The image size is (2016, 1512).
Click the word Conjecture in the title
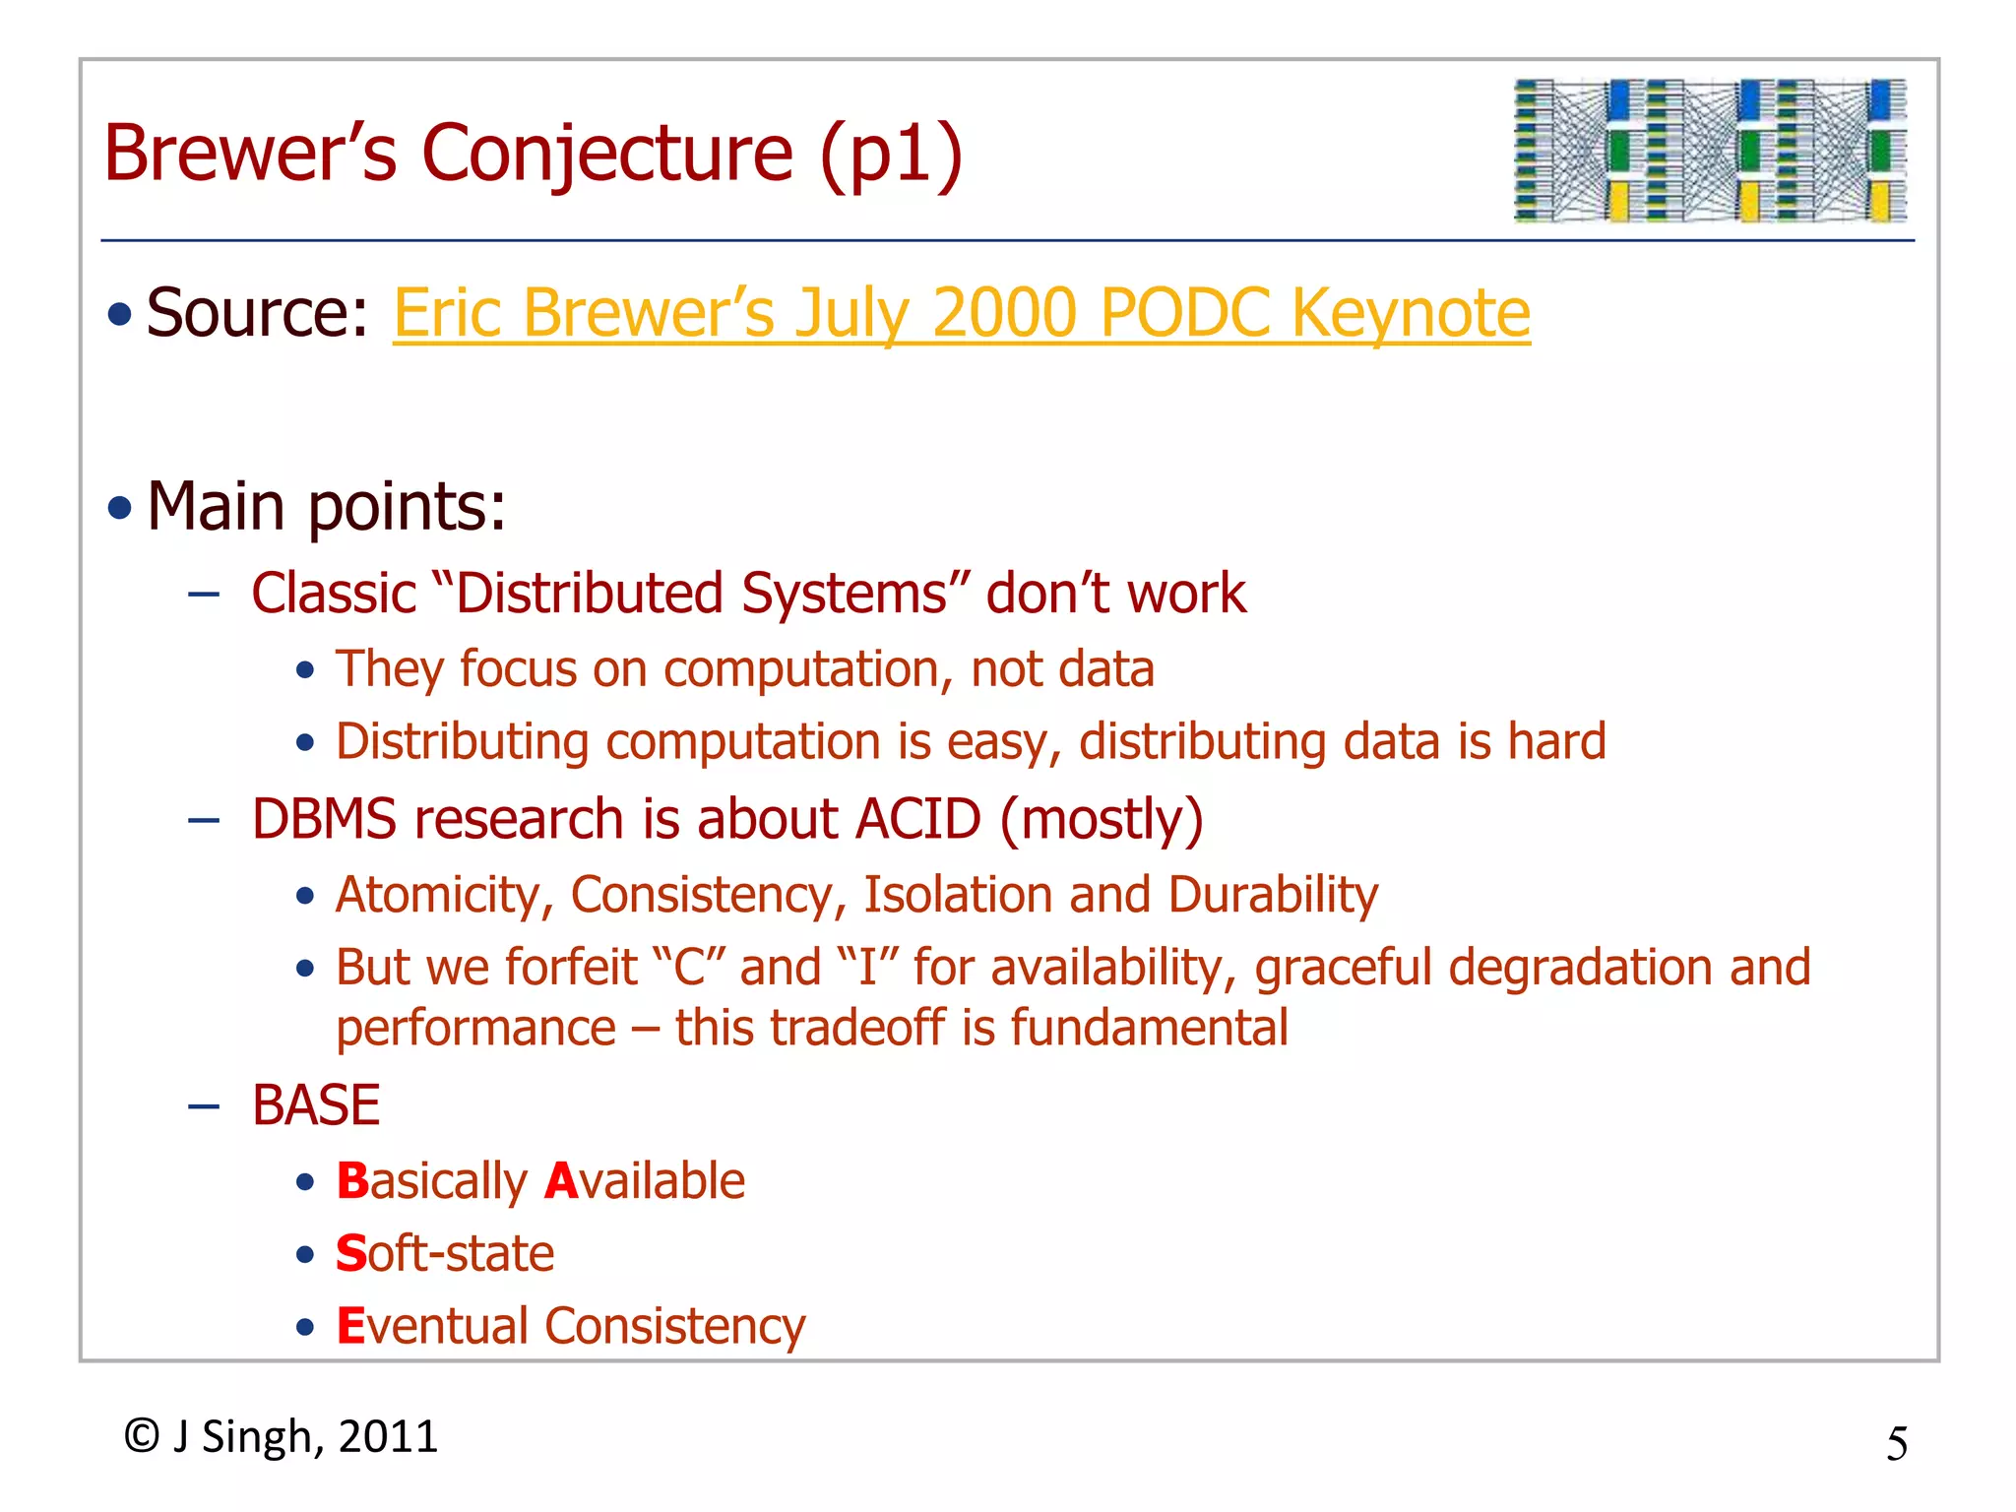pos(607,154)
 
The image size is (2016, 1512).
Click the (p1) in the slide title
pos(891,154)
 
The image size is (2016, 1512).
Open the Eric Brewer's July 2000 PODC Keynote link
pos(961,313)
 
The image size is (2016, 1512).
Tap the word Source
pos(256,313)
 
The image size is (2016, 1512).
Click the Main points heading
pos(326,507)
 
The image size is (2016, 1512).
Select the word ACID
pos(917,819)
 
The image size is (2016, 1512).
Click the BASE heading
pos(315,1104)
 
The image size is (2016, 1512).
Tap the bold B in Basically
pos(351,1181)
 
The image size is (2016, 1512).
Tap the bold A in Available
pos(560,1181)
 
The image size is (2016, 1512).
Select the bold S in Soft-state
pos(350,1254)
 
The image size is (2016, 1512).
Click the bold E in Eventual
pos(350,1326)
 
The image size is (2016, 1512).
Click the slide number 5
pos(1896,1444)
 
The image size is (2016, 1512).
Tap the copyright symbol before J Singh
pos(142,1436)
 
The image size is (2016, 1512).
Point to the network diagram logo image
pos(1710,150)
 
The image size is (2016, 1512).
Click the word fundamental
pos(1149,1028)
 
